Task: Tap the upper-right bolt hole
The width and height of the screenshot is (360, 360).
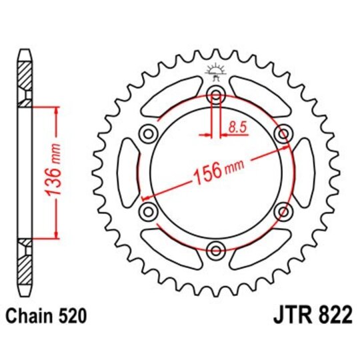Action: (284, 133)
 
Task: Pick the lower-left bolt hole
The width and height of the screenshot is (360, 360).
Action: (147, 211)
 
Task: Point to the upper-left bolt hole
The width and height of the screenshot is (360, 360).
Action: (147, 133)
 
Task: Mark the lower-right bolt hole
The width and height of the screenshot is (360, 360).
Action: (284, 211)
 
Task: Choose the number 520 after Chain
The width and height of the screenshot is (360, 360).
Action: (72, 315)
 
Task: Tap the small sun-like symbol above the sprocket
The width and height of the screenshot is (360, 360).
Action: (215, 69)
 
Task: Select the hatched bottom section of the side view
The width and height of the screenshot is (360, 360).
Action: (25, 267)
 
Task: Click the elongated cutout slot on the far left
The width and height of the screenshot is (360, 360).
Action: (126, 172)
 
